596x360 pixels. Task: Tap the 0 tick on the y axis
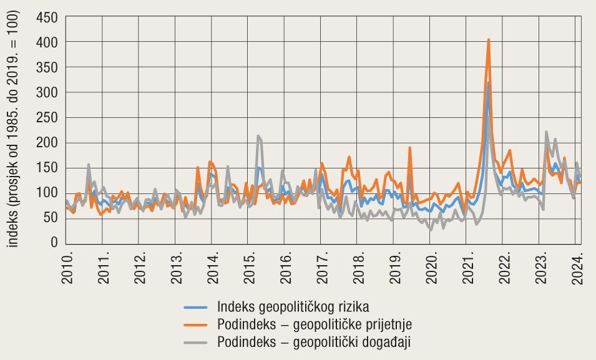coord(54,243)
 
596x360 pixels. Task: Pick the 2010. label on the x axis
coord(67,268)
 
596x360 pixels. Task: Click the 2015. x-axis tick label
coord(249,268)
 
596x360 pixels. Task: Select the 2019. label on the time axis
coord(395,268)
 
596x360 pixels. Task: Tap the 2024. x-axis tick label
coord(579,268)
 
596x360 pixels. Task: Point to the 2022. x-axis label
coord(505,268)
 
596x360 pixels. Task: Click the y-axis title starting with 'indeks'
coord(14,130)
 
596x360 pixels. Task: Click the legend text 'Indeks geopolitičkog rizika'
coord(293,307)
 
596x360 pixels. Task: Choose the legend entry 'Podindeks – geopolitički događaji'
coord(314,342)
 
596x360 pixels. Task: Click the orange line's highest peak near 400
coord(489,40)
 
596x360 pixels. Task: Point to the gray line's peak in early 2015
coord(258,136)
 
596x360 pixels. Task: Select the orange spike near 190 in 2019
coord(410,148)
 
